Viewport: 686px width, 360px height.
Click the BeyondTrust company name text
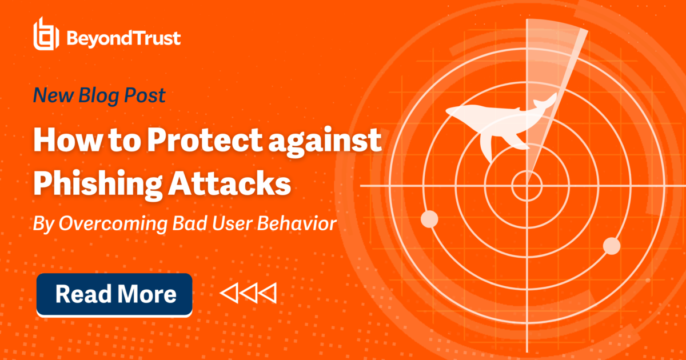[x=124, y=38]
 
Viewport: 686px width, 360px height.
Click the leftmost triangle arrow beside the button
[x=229, y=293]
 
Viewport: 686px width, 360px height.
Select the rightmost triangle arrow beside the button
[x=268, y=293]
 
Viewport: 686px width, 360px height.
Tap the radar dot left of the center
[x=429, y=218]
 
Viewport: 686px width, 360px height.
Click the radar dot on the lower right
[x=612, y=246]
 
